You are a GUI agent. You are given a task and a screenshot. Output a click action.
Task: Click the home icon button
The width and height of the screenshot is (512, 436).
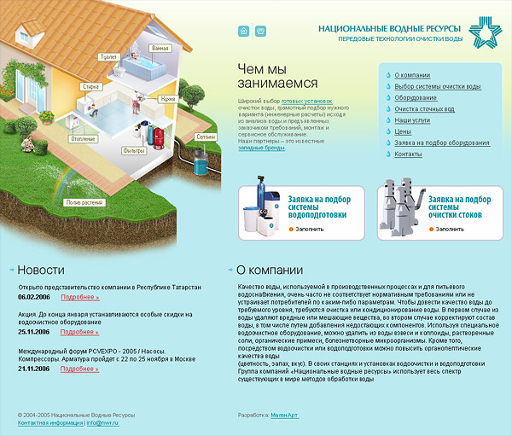tap(244, 32)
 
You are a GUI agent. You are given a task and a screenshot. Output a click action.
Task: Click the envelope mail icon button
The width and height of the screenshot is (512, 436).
tap(260, 32)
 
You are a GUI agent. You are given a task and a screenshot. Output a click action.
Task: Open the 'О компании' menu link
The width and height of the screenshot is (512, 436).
tap(412, 75)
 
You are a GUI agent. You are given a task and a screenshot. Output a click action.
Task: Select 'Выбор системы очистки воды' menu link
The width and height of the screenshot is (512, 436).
tap(438, 86)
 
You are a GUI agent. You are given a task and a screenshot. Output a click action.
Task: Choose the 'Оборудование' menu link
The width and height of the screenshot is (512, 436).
tap(416, 98)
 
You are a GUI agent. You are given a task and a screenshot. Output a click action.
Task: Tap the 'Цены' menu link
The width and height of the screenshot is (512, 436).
tap(403, 132)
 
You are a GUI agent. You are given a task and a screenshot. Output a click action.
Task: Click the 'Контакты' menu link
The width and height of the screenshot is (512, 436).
tap(409, 154)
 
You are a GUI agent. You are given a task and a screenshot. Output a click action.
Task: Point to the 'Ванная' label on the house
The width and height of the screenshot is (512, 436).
tap(160, 49)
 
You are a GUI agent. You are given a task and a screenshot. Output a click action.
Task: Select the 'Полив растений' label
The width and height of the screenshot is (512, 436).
tap(84, 202)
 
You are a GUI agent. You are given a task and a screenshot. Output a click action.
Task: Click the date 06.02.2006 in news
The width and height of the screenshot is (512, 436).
tap(34, 297)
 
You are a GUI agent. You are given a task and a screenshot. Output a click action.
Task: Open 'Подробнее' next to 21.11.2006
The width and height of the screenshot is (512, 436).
tap(79, 369)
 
